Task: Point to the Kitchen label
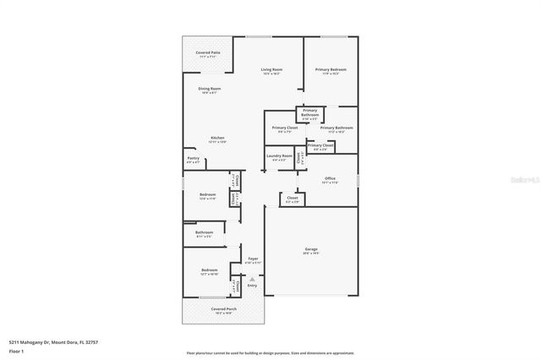(x=218, y=139)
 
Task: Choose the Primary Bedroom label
(x=331, y=71)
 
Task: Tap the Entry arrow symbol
(x=252, y=279)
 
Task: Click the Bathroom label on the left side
(x=204, y=234)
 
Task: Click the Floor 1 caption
(x=14, y=350)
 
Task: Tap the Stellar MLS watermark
(x=526, y=180)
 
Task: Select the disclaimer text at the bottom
(x=270, y=353)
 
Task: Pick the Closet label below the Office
(x=292, y=199)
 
